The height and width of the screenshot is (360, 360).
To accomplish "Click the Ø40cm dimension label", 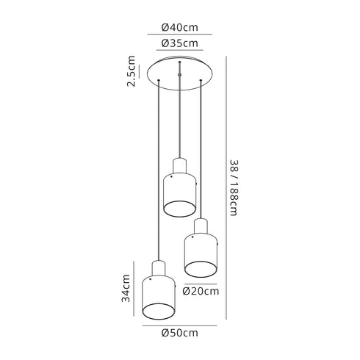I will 179,27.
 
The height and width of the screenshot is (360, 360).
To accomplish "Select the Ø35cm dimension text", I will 179,43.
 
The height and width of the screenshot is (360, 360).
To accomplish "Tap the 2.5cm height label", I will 132,71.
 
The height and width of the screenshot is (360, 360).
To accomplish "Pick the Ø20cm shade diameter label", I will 201,290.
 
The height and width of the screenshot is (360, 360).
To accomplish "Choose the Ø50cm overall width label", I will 179,332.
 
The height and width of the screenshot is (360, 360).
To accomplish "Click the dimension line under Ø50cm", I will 179,325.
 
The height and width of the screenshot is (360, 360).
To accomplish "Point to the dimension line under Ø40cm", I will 179,35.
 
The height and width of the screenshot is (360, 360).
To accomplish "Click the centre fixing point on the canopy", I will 180,73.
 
